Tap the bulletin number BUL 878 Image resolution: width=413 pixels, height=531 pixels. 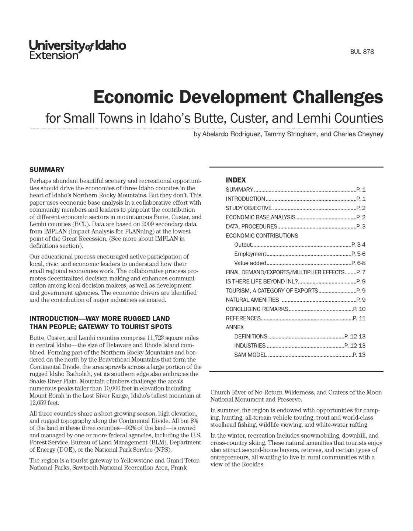click(x=362, y=52)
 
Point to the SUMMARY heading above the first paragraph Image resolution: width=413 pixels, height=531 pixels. click(x=47, y=170)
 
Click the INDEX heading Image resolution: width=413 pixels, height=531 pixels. click(x=236, y=180)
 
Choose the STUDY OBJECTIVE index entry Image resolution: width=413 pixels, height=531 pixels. click(x=249, y=208)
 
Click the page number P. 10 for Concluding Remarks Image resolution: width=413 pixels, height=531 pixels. click(x=359, y=309)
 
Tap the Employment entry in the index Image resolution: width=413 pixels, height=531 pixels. click(x=250, y=254)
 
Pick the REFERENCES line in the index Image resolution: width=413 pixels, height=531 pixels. click(x=243, y=318)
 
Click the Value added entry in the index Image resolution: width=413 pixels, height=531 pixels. click(x=250, y=263)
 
